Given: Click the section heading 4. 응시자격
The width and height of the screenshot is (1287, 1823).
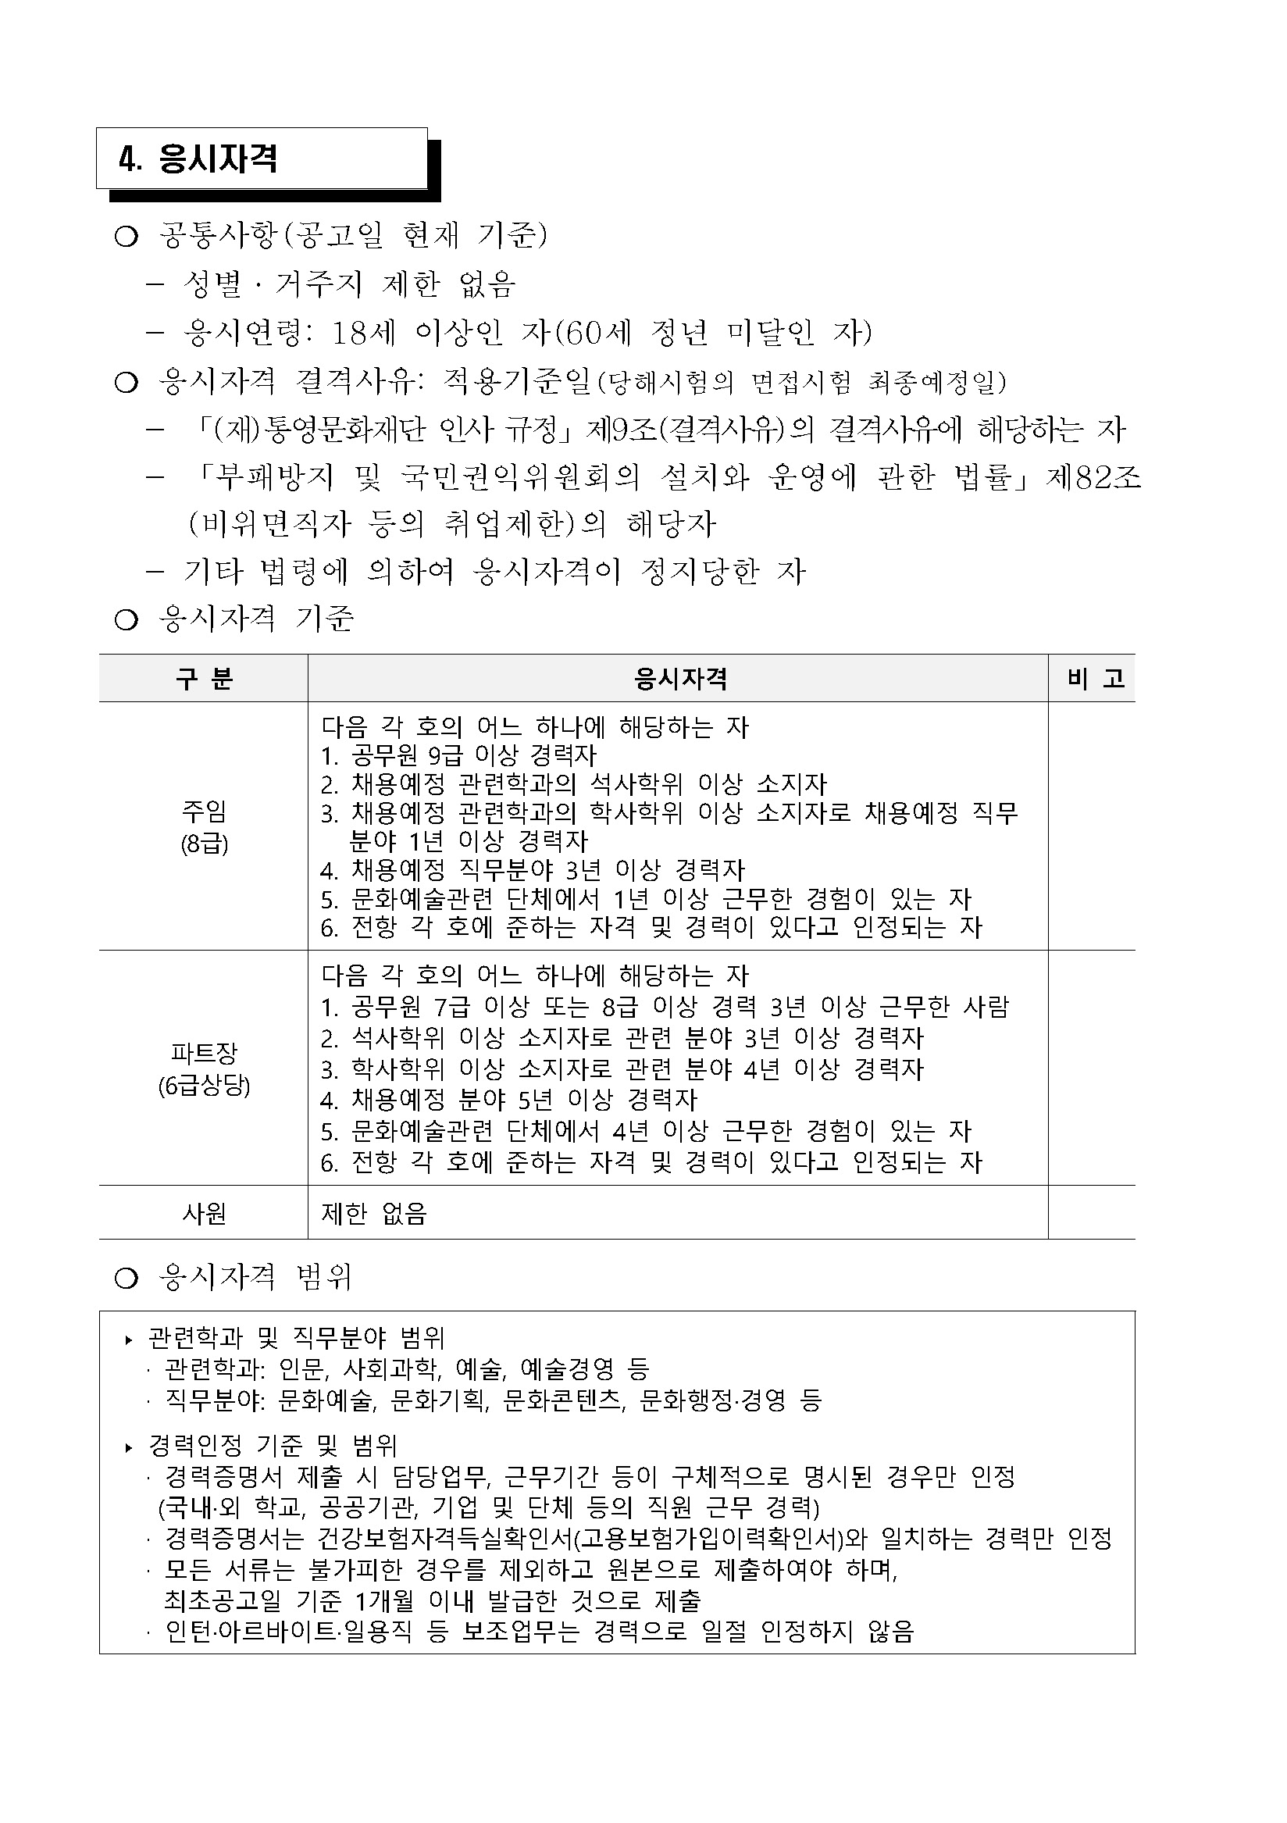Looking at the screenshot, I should coord(198,159).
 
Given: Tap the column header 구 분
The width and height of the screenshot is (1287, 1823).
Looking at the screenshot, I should coord(203,679).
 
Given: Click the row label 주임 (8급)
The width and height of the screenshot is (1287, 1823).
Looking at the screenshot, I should coord(204,826).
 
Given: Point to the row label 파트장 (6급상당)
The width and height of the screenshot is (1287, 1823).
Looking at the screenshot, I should coord(204,1068).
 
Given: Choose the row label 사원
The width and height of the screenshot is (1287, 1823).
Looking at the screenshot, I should coord(204,1213).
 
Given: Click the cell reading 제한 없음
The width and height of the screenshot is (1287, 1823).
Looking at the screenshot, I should coord(373,1213).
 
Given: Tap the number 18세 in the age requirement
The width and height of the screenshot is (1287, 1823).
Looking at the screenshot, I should coord(362,333).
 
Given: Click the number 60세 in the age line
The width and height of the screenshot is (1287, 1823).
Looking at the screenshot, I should coord(597,333).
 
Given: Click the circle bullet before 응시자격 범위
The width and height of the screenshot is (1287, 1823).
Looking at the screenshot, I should coord(127,1279).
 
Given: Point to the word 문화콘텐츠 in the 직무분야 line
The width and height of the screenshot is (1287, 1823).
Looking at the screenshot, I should coord(563,1400).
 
